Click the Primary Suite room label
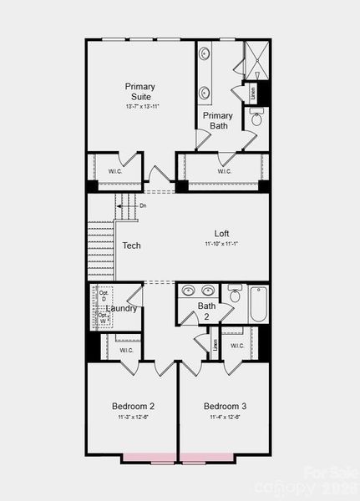(x=140, y=91)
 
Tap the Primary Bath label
(x=218, y=121)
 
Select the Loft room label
(x=221, y=234)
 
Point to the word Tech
(x=131, y=246)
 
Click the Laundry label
(x=122, y=309)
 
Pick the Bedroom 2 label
(x=133, y=407)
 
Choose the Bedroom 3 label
(x=225, y=407)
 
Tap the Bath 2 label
(x=206, y=311)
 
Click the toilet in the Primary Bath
(x=256, y=119)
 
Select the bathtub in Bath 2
(x=258, y=304)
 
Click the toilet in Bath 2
(x=235, y=295)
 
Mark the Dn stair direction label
(x=143, y=205)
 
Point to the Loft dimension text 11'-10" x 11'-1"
(x=221, y=244)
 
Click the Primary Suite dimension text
(x=140, y=107)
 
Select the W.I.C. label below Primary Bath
(x=224, y=171)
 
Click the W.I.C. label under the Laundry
(x=126, y=350)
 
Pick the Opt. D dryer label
(x=104, y=296)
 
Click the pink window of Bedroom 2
(x=149, y=458)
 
